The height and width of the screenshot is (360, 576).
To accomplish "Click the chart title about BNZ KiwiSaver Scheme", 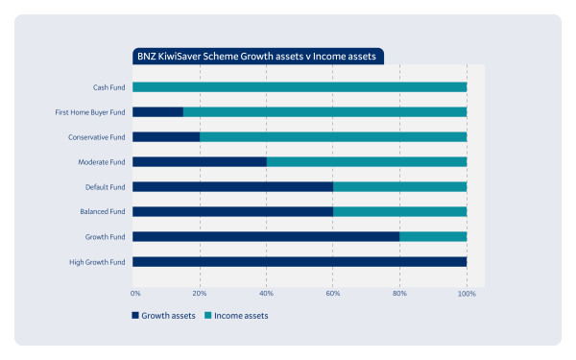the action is click(256, 57).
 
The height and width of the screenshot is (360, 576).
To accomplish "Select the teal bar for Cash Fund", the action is click(300, 87).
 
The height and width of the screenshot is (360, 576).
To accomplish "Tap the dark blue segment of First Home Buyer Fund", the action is click(158, 112).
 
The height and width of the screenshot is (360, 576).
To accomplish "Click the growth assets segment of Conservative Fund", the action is click(166, 137).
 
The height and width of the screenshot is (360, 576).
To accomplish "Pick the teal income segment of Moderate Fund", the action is click(367, 162).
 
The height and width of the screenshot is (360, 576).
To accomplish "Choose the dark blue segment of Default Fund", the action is click(233, 187).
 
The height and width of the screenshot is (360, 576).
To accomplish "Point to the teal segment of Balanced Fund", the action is click(400, 211).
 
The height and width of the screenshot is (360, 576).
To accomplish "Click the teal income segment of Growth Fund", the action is click(433, 236).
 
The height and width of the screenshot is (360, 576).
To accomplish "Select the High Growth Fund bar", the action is click(300, 262).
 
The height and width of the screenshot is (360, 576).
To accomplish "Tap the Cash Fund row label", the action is click(108, 87).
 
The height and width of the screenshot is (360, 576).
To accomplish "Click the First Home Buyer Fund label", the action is click(90, 112).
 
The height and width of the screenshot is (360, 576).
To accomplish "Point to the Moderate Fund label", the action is click(102, 162).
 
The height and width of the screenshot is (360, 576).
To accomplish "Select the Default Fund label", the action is click(105, 187).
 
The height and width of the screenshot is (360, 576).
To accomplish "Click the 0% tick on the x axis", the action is click(135, 293).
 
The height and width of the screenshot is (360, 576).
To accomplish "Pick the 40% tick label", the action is click(266, 293).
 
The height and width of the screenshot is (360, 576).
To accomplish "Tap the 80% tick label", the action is click(399, 293).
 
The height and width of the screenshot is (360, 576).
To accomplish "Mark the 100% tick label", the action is click(467, 294).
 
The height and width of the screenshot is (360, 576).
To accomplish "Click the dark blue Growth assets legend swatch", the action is click(135, 315).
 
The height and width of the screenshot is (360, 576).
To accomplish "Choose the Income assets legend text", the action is click(241, 316).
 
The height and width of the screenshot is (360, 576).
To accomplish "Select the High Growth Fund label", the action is click(97, 262).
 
